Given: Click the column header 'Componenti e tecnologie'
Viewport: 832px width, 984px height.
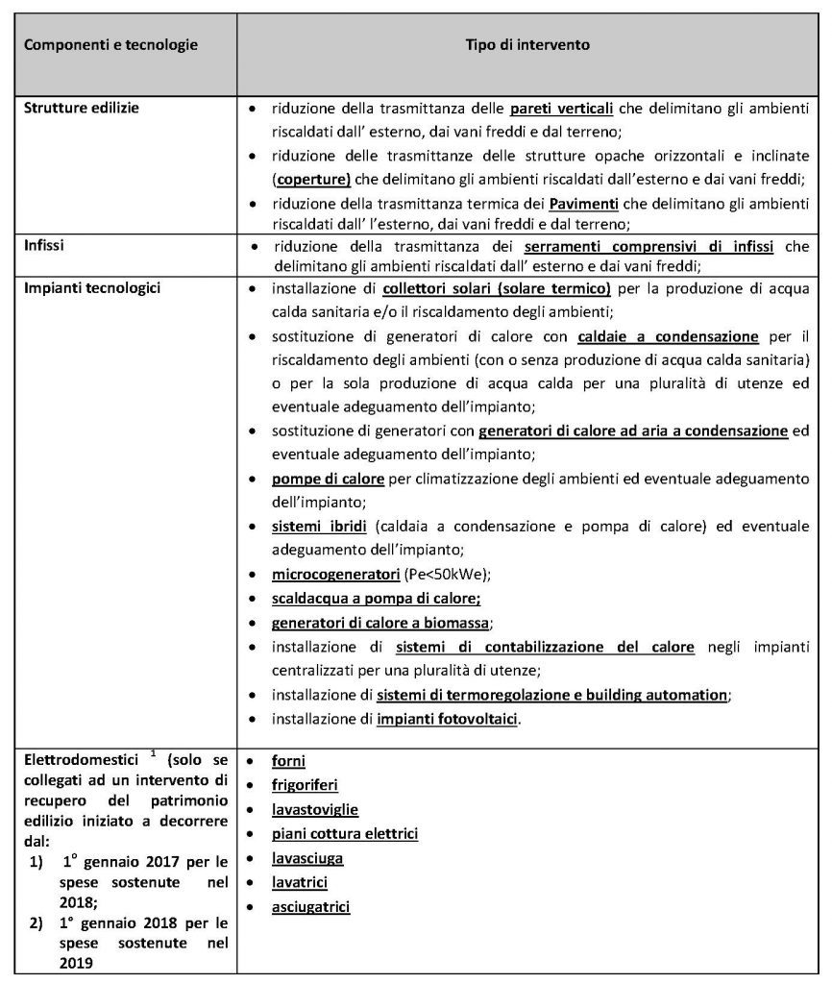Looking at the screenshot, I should point(110,45).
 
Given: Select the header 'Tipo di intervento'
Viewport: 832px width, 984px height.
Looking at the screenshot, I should point(527,45).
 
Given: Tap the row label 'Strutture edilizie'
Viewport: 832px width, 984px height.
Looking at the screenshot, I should point(82,108).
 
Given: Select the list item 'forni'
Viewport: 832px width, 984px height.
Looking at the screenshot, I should point(288,760).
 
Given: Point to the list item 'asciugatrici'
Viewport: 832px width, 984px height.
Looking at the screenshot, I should point(310,906).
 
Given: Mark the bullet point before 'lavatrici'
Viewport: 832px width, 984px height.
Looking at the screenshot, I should point(251,882).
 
